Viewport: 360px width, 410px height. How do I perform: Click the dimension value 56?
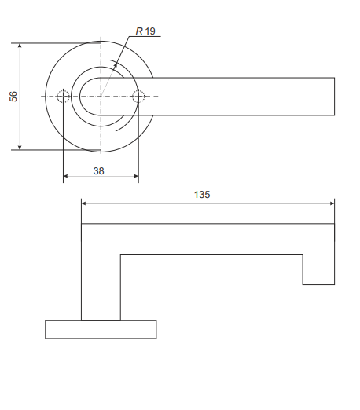coord(13,97)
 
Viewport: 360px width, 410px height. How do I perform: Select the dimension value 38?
coord(98,171)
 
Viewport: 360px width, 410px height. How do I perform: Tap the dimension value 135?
coord(202,195)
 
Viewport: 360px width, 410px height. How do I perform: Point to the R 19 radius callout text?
coord(145,31)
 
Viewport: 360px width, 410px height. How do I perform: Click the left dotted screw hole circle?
coord(63,97)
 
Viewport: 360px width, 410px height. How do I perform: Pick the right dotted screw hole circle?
coord(138,97)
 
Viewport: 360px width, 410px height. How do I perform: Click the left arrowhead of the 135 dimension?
coord(84,203)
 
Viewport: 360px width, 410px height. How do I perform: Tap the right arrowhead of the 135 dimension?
coord(332,203)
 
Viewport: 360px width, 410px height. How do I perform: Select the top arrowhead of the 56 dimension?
coord(20,46)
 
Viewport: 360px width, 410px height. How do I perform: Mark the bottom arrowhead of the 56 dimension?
coord(20,148)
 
